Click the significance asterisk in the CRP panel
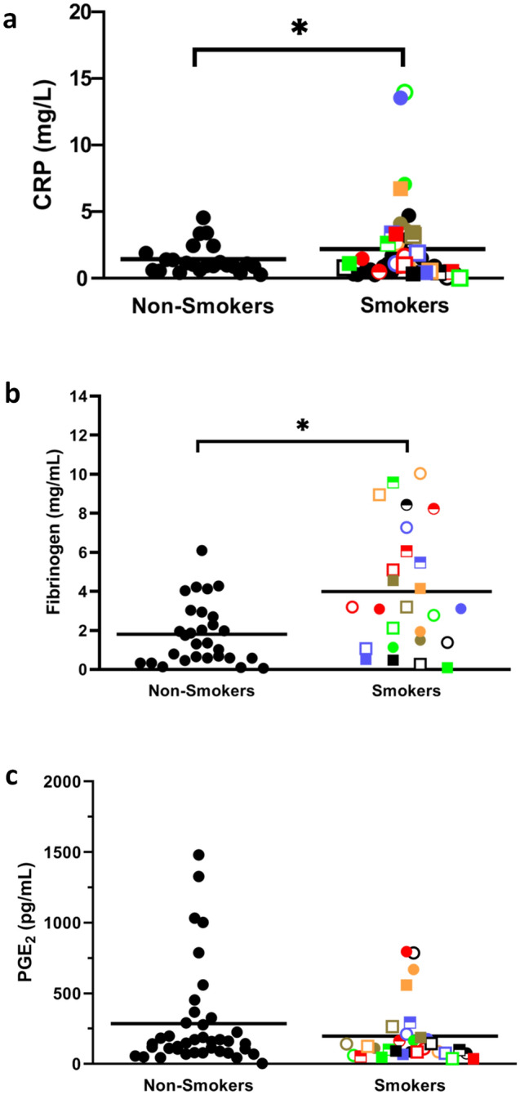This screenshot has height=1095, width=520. (x=299, y=29)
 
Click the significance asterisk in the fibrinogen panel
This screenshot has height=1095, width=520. (x=302, y=427)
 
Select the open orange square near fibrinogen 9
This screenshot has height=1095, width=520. (x=380, y=494)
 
